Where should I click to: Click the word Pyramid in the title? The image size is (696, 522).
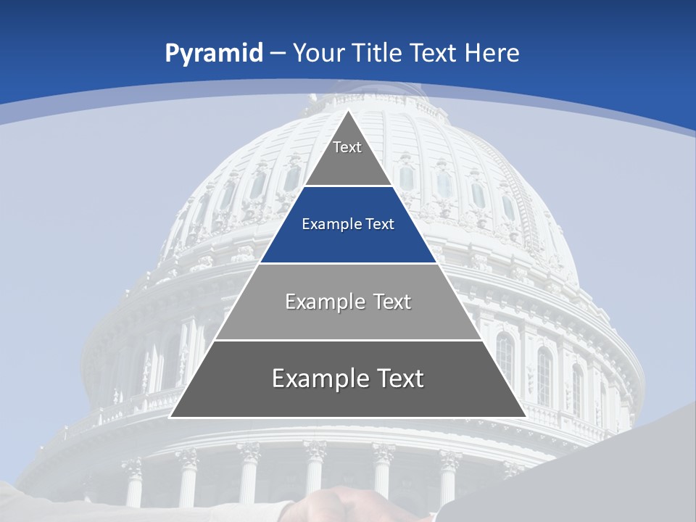214,54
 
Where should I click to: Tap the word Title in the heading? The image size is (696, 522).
377,54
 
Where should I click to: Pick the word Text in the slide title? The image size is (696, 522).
434,54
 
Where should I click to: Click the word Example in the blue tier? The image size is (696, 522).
327,225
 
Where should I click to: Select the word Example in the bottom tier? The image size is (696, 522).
317,378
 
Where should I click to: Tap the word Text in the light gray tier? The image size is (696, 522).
391,302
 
